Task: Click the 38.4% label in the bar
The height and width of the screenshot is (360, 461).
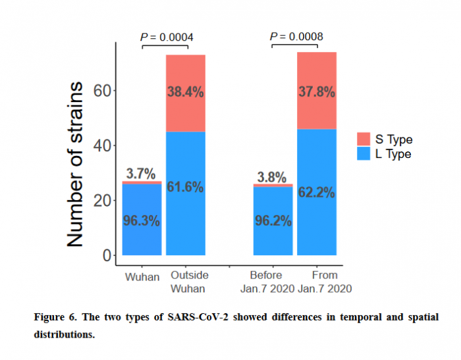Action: [x=185, y=92]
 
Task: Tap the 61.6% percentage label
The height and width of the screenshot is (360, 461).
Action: [x=185, y=188]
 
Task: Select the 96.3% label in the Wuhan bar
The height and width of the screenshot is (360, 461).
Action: [x=142, y=221]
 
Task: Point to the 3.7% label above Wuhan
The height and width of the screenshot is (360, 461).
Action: [x=142, y=174]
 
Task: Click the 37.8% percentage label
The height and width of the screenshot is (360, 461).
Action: [x=317, y=92]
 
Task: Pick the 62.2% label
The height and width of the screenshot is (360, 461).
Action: [x=317, y=193]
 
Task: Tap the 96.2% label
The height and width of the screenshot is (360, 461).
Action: [x=273, y=221]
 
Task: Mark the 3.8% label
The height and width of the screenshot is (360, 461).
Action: [x=272, y=177]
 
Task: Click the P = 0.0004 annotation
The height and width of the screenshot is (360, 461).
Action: [x=167, y=37]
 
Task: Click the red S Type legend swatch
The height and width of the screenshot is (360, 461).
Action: [x=364, y=139]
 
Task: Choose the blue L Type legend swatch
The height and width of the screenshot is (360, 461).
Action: [x=364, y=154]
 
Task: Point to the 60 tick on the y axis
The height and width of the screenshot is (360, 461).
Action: [x=101, y=90]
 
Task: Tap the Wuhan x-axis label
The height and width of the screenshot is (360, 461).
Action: [x=142, y=276]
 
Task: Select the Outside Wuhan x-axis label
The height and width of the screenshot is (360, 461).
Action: [x=188, y=282]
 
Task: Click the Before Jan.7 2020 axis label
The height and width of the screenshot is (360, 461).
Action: [x=272, y=282]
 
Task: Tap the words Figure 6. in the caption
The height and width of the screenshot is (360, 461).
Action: [x=57, y=317]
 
